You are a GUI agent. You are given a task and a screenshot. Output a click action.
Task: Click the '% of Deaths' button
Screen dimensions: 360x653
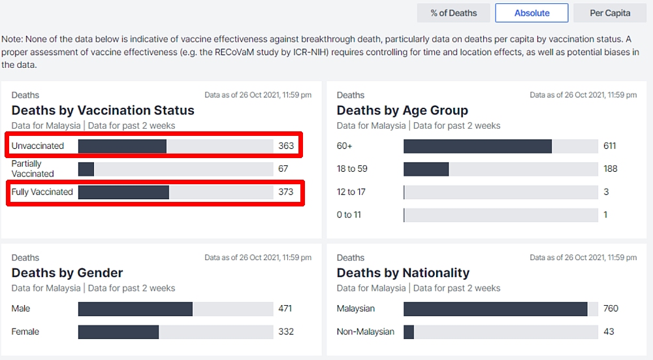[x=454, y=13]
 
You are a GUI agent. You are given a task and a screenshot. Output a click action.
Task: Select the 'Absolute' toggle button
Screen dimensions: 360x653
[x=532, y=13]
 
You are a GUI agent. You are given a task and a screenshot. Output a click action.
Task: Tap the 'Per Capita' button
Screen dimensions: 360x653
[x=610, y=13]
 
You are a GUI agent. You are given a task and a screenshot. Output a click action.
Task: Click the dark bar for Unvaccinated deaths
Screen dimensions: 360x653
[x=122, y=146]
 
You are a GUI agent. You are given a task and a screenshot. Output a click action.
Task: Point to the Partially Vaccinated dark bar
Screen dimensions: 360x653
[x=86, y=169]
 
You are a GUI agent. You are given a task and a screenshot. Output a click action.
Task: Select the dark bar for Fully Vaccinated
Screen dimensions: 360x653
[x=123, y=192]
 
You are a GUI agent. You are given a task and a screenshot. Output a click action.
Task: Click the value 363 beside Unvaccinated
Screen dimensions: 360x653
[x=286, y=146]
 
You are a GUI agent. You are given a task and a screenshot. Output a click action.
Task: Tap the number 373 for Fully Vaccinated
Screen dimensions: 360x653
[x=286, y=192]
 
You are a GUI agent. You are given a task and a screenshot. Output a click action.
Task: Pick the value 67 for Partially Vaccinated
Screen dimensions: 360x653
[x=283, y=169]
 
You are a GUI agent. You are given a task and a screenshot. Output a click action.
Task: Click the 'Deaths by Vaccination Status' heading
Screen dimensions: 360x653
[x=103, y=110]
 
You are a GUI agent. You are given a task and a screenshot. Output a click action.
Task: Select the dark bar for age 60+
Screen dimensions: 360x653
[x=477, y=146]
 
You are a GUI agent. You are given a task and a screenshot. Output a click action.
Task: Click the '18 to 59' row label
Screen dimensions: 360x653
[x=352, y=169]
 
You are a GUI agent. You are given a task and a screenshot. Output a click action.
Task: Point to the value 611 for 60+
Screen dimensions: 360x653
[x=610, y=146]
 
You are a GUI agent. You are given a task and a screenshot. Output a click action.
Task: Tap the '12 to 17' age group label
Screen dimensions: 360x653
[x=351, y=191]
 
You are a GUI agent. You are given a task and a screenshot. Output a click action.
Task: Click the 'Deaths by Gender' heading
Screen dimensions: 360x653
[x=67, y=272]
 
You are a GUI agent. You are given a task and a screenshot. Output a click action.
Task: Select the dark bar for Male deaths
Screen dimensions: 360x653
[x=135, y=308]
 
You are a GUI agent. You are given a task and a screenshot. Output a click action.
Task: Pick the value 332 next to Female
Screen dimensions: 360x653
[x=286, y=332]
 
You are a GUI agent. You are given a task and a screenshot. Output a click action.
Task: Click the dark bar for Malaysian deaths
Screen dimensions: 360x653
[x=496, y=308]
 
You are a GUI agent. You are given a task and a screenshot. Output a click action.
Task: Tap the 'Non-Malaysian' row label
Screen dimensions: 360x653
[x=366, y=332]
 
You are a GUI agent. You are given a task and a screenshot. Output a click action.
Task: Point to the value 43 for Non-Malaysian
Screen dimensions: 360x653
[x=609, y=332]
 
